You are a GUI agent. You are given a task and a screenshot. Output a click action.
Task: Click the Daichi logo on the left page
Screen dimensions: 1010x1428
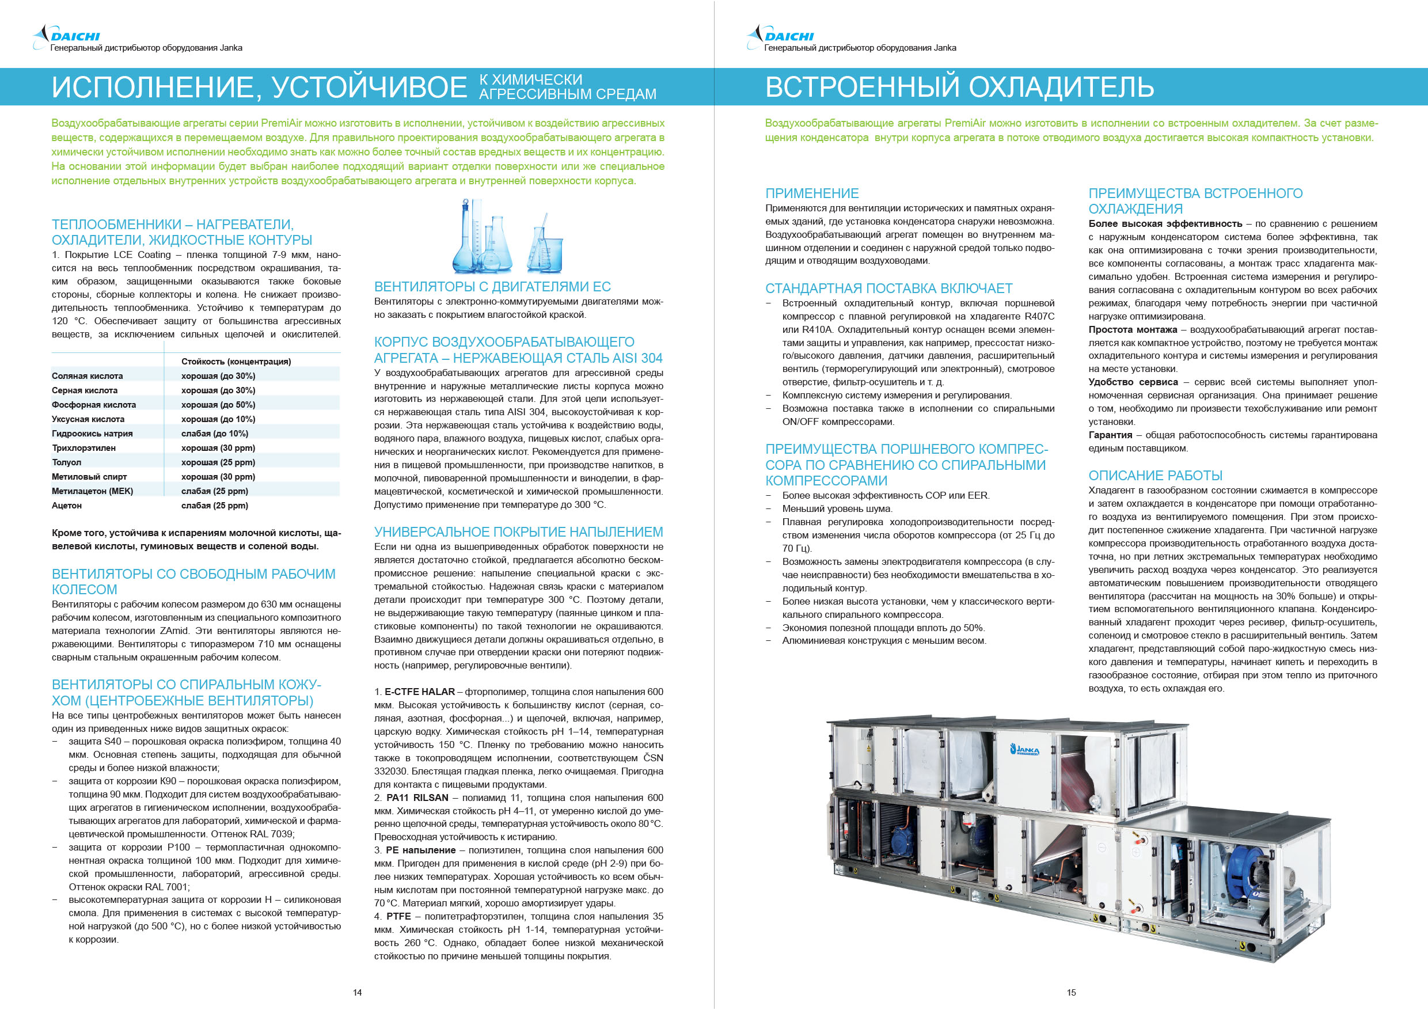click(x=67, y=34)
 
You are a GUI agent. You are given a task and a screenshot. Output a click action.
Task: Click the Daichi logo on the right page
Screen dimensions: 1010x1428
click(x=781, y=34)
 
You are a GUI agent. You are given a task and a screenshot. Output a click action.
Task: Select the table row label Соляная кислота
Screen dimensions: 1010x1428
click(x=87, y=376)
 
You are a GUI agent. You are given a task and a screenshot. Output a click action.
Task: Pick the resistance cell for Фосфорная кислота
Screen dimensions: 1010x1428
click(x=218, y=405)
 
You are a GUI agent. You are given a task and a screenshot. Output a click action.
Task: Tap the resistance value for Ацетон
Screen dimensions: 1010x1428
click(x=215, y=506)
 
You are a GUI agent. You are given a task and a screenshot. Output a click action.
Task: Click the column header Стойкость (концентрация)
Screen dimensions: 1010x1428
click(x=236, y=362)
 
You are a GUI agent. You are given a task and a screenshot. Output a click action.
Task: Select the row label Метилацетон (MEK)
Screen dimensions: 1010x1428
click(x=92, y=491)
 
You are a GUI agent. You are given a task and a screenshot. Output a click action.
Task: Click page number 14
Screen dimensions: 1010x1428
click(x=357, y=993)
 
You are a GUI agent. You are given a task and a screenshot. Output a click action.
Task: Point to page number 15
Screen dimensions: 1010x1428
click(x=1071, y=993)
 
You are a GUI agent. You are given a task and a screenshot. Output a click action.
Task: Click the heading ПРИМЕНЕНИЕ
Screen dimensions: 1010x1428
click(x=812, y=193)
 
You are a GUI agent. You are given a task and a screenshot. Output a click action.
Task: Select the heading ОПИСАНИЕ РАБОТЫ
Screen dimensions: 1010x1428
click(x=1155, y=476)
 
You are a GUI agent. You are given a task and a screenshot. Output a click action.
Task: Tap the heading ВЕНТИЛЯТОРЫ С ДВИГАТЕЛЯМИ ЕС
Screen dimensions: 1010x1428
click(x=492, y=287)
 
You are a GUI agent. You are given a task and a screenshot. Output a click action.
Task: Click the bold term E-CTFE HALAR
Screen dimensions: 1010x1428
click(x=419, y=692)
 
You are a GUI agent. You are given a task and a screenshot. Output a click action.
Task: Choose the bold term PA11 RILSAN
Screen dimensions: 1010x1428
click(x=417, y=798)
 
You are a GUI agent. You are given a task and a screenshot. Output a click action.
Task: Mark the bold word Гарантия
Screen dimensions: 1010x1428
click(x=1110, y=435)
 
